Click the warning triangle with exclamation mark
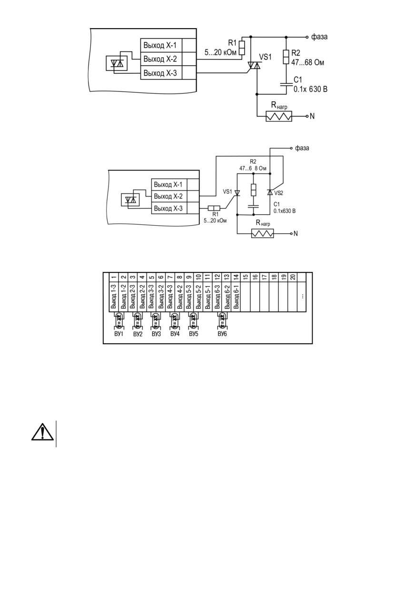click(42, 432)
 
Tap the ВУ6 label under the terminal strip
click(222, 334)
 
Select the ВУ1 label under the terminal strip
click(119, 334)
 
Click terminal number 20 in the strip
click(293, 277)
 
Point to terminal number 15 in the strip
click(246, 277)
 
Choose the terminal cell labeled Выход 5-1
click(208, 297)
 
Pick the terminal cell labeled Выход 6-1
click(236, 297)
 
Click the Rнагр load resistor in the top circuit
click(279, 116)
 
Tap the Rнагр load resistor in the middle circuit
click(262, 233)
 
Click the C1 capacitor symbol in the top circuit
click(286, 84)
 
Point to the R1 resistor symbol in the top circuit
click(242, 48)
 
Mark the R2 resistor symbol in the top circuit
click(286, 57)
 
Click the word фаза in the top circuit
click(319, 37)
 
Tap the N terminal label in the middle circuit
click(296, 233)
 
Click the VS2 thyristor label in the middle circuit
click(278, 193)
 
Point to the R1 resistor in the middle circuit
click(214, 208)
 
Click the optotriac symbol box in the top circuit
click(117, 63)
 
